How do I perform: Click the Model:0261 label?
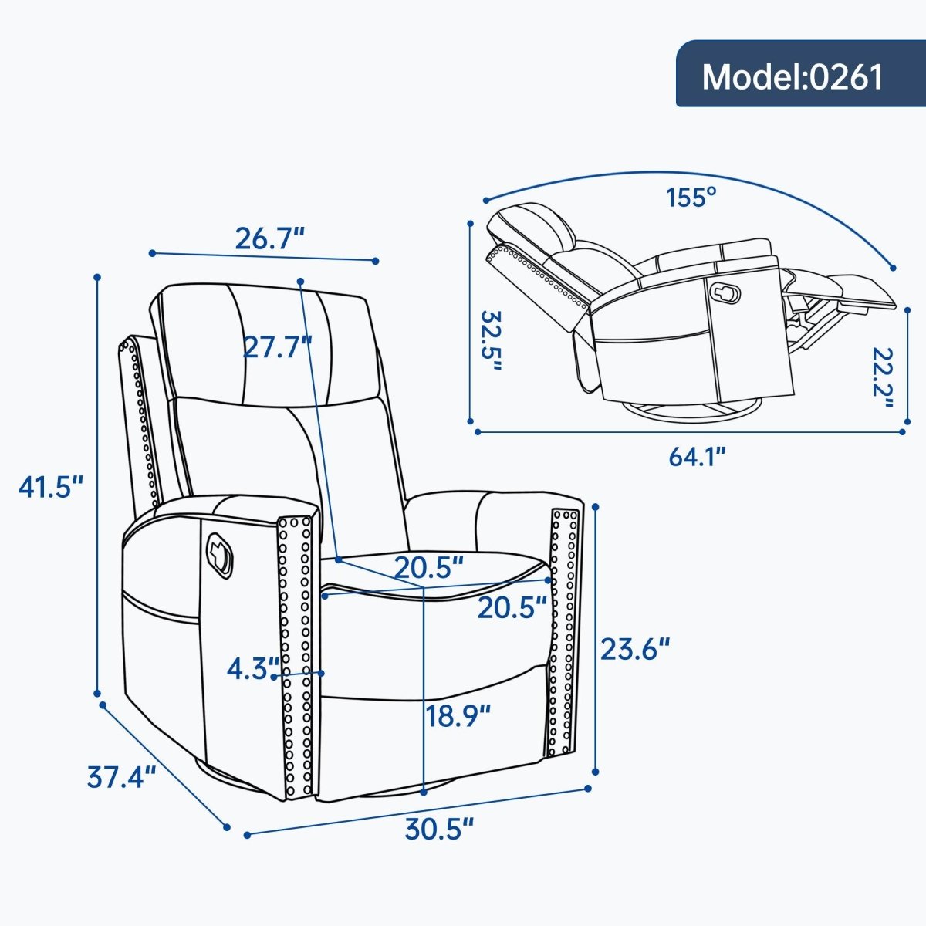point(793,76)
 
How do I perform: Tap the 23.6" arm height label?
point(634,649)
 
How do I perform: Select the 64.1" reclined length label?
point(698,457)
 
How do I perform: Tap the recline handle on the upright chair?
point(218,553)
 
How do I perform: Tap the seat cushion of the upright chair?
point(432,575)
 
